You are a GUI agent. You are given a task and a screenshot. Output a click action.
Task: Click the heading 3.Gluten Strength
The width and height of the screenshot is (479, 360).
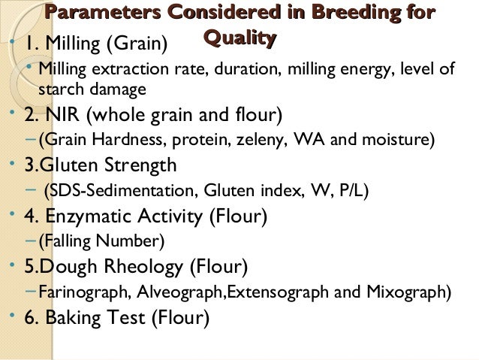tap(101, 165)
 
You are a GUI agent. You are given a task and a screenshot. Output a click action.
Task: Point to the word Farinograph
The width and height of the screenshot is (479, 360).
tap(77, 292)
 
